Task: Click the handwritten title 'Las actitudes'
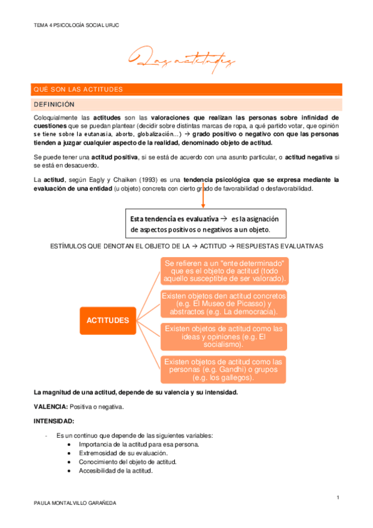[181, 60]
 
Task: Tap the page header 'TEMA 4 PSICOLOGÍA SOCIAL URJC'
[75, 26]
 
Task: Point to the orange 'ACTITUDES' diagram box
[108, 321]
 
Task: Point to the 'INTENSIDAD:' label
[53, 421]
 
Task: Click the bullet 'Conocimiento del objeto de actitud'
[128, 462]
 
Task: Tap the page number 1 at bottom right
[337, 497]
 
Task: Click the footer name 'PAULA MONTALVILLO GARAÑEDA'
[75, 503]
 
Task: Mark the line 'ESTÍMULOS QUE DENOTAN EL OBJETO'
[186, 247]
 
